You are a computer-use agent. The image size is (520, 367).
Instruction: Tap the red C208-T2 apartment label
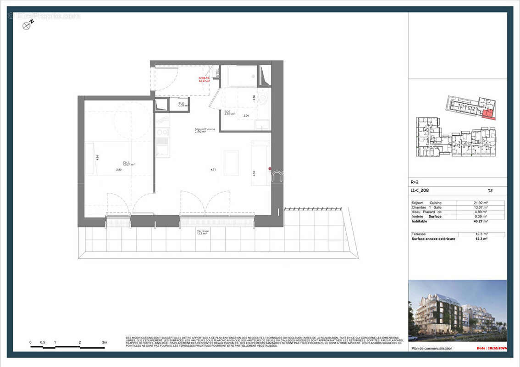tap(204, 79)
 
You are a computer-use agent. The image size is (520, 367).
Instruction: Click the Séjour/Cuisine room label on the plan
tap(205, 130)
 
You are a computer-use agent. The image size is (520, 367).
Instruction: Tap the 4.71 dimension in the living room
tap(213, 170)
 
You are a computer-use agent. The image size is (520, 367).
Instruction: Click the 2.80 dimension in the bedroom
tap(119, 170)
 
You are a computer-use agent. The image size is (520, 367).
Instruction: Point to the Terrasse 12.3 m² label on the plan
tap(203, 232)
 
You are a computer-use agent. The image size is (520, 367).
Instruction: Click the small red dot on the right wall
tap(270, 169)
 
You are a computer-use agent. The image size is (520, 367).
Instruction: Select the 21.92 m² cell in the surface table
tap(481, 203)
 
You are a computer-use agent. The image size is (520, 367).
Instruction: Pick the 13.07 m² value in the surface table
tap(481, 207)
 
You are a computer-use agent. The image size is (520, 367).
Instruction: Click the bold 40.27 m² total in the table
tap(481, 221)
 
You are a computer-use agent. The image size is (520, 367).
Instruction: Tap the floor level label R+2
tap(415, 182)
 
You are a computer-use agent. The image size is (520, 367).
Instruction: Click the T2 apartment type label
tap(490, 190)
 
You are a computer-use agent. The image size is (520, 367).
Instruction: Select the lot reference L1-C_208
tap(420, 190)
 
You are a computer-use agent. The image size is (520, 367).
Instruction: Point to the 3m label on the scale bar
tap(104, 342)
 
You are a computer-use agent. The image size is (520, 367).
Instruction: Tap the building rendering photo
tap(457, 311)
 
